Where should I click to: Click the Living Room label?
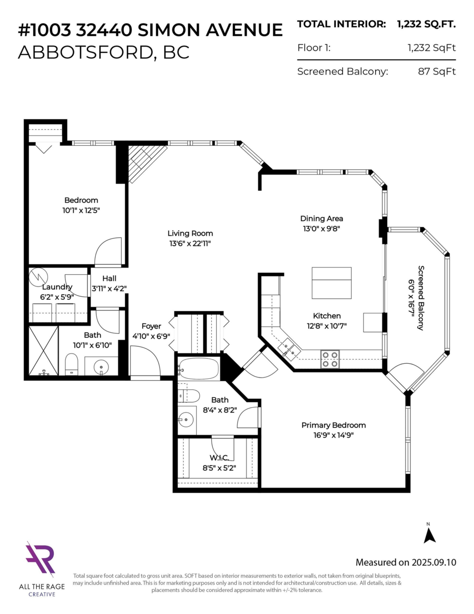[192, 233]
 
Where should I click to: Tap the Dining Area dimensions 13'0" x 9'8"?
[321, 229]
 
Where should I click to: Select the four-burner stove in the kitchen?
[330, 359]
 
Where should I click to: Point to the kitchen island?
[331, 283]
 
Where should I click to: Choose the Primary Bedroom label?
[333, 425]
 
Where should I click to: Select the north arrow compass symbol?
[430, 534]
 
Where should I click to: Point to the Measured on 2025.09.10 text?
[405, 562]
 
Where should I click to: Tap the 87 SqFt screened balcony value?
[436, 72]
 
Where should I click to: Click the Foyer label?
[151, 326]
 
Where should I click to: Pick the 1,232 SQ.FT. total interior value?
[426, 24]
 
